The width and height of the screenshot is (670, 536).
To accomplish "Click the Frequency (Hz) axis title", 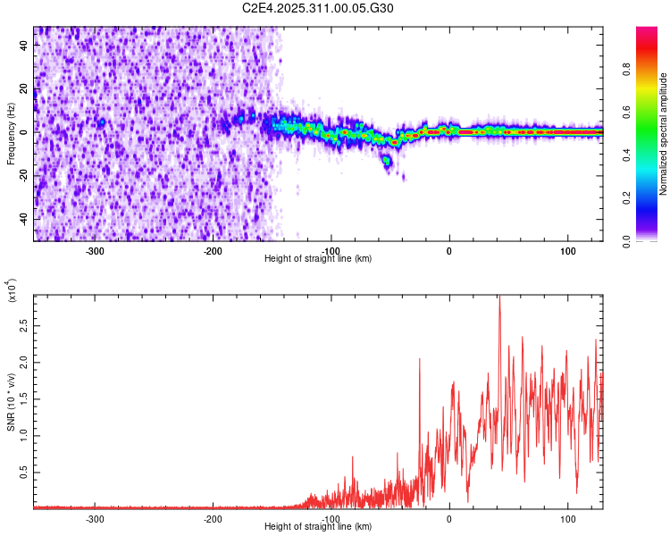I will point(12,134).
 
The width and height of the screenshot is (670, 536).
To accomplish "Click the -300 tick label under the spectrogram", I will point(95,251).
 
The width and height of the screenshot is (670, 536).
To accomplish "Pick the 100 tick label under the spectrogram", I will point(567,251).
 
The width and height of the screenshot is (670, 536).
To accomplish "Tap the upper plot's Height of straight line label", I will point(319,259).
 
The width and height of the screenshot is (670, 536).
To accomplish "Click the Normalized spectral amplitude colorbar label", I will point(664,134).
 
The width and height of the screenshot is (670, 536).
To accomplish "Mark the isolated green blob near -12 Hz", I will point(387,161).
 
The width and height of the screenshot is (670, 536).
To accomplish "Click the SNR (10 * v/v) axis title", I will point(12,402).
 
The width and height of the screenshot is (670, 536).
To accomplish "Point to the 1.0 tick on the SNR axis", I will point(23,436).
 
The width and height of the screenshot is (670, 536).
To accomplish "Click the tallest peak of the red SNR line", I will point(499,298).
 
